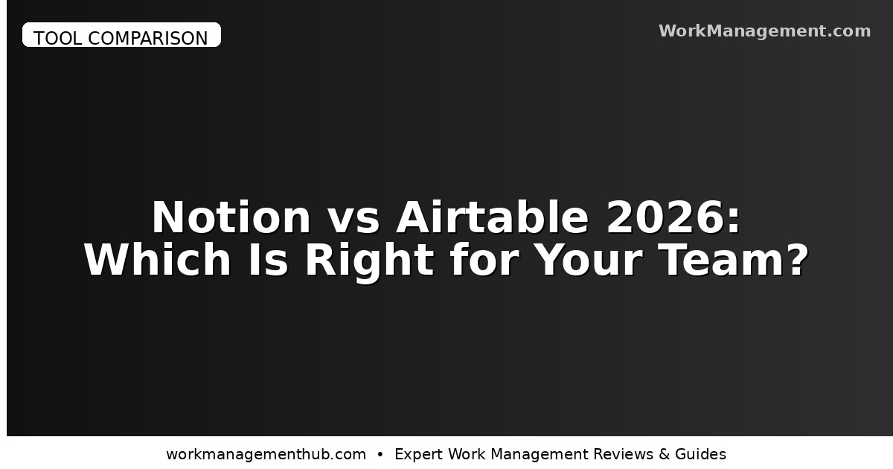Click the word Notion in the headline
pyautogui.click(x=231, y=218)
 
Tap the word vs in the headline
pyautogui.click(x=353, y=218)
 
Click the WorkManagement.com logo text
pyautogui.click(x=764, y=31)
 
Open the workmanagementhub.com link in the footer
pyautogui.click(x=266, y=454)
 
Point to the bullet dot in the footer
pyautogui.click(x=380, y=454)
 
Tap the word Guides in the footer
pyautogui.click(x=701, y=454)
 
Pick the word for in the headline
pyautogui.click(x=476, y=261)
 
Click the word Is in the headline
pyautogui.click(x=269, y=261)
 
